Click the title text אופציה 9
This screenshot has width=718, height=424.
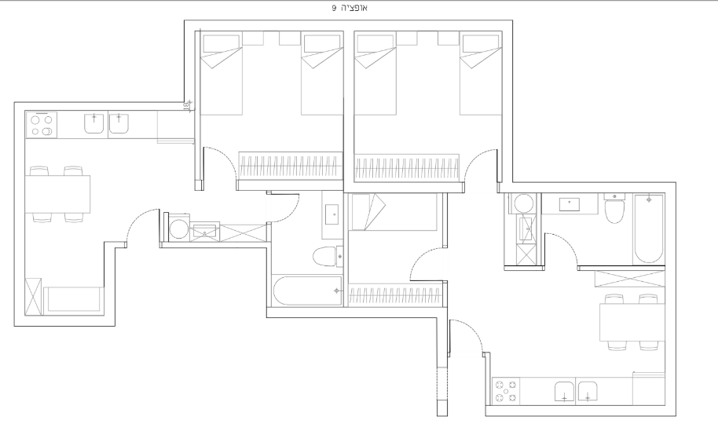pyautogui.click(x=350, y=8)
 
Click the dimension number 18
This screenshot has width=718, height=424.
pyautogui.click(x=186, y=106)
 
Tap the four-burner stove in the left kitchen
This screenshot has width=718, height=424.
pyautogui.click(x=42, y=125)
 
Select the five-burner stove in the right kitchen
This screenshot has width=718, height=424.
pyautogui.click(x=507, y=391)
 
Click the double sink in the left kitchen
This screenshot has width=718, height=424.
pyautogui.click(x=106, y=124)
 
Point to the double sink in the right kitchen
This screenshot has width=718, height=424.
pyautogui.click(x=576, y=392)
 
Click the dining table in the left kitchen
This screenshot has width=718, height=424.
pyautogui.click(x=57, y=194)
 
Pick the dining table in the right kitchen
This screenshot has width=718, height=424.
pyautogui.click(x=632, y=323)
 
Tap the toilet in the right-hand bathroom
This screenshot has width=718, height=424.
pyautogui.click(x=614, y=208)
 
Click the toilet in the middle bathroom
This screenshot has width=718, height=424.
pyautogui.click(x=328, y=257)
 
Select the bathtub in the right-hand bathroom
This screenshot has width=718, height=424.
pyautogui.click(x=648, y=228)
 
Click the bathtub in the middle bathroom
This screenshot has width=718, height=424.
pyautogui.click(x=307, y=291)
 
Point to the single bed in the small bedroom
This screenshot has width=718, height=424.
pyautogui.click(x=393, y=211)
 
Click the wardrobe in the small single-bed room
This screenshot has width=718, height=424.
pyautogui.click(x=395, y=295)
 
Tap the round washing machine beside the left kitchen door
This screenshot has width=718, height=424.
pyautogui.click(x=178, y=228)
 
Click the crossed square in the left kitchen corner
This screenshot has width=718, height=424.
pyautogui.click(x=33, y=296)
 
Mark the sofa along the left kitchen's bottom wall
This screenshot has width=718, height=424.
pyautogui.click(x=73, y=301)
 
